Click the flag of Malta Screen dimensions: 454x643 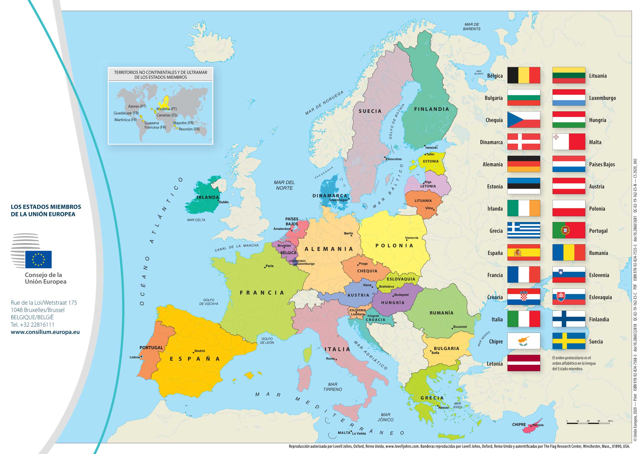pos(568,142)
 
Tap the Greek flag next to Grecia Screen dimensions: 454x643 pos(523,230)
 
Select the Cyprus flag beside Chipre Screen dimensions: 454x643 pos(523,341)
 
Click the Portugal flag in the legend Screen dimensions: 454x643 pos(568,230)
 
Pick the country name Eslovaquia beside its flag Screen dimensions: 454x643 pos(600,297)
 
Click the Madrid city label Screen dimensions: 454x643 pos(199,351)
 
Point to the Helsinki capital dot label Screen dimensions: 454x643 pos(431,148)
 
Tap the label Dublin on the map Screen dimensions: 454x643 pos(224,202)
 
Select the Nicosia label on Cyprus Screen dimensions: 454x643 pos(538,425)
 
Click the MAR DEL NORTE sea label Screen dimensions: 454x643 pos(284,185)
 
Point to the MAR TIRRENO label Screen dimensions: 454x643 pos(332,387)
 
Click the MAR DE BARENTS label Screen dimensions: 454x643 pos(472,27)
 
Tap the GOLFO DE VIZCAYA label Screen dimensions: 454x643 pos(209,302)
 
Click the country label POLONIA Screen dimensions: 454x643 pos(394,245)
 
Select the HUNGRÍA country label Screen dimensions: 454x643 pos(393,303)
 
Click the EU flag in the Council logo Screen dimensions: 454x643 pos(38,259)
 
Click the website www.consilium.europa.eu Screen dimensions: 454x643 pos(45,332)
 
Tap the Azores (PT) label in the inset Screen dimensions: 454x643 pos(137,106)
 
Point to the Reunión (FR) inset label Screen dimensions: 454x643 pos(189,129)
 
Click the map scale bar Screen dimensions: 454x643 pos(588,423)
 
